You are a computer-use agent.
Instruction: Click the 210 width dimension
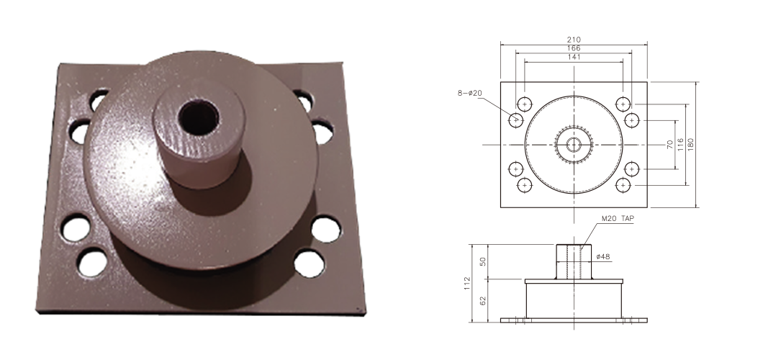[x=574, y=40]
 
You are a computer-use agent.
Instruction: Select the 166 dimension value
[x=574, y=48]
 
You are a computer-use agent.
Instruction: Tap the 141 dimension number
[x=574, y=57]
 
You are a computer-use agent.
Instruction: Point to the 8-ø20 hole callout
[x=469, y=93]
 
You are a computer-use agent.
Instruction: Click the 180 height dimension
[x=691, y=144]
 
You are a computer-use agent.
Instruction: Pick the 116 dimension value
[x=681, y=144]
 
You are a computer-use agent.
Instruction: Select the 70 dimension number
[x=670, y=144]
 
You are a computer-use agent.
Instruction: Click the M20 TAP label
[x=618, y=219]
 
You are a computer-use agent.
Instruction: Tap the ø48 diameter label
[x=603, y=256]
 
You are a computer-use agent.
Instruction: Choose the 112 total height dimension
[x=468, y=284]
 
